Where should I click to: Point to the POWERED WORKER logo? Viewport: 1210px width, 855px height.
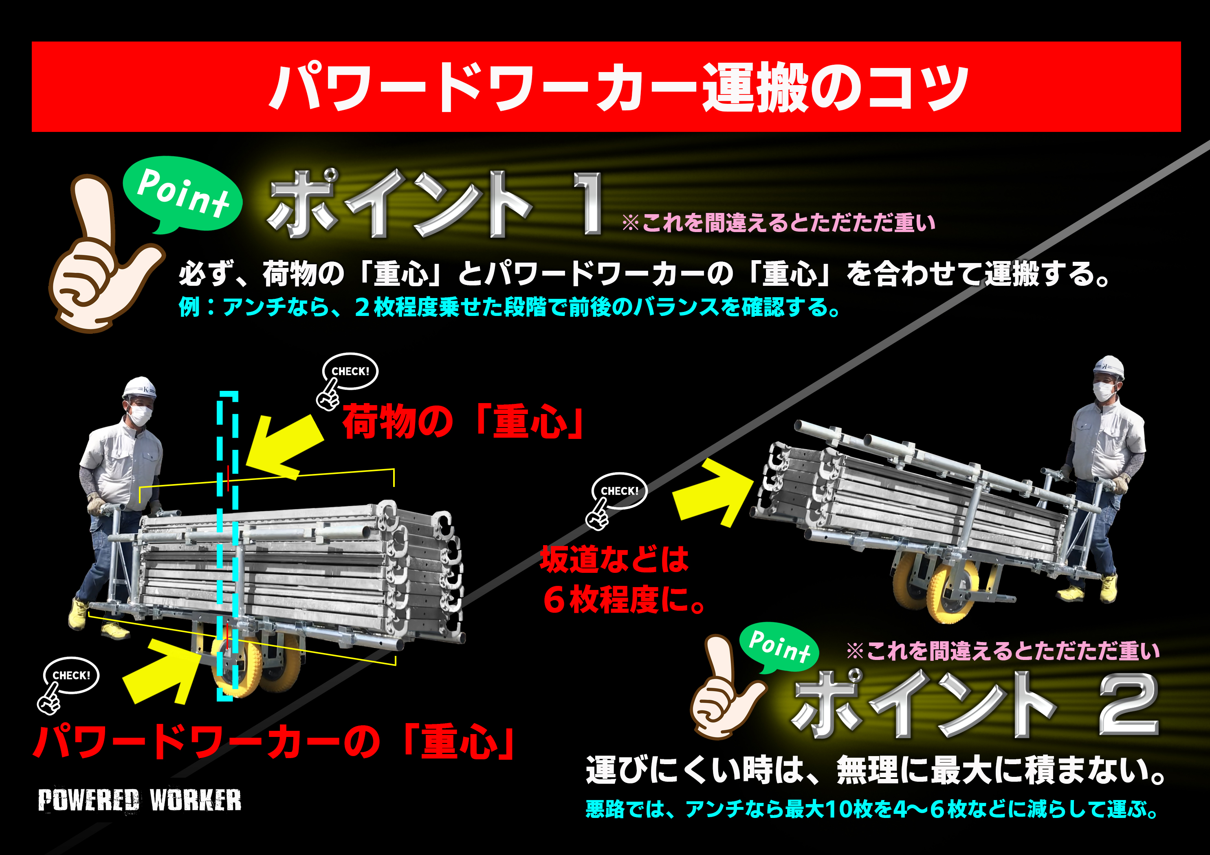(140, 800)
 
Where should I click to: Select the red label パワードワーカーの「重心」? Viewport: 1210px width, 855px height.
(274, 741)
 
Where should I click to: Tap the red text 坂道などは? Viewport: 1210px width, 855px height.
(614, 559)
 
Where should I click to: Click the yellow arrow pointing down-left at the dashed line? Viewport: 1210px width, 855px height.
(285, 448)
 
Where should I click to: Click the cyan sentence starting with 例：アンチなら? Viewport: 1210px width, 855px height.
(509, 307)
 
